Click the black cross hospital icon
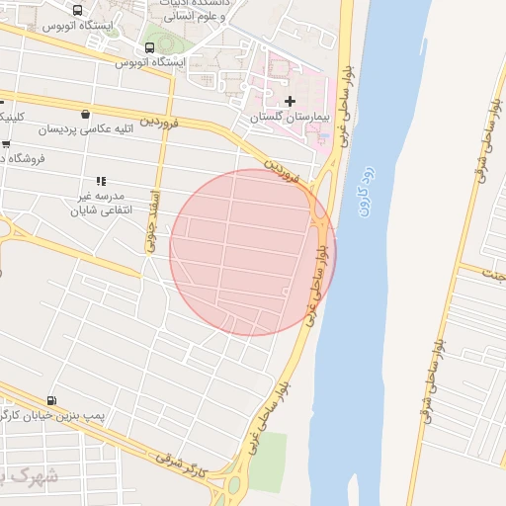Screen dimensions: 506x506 (x=290, y=102)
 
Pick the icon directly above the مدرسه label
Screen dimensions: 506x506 (x=100, y=181)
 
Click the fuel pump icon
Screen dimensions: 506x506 (x=51, y=401)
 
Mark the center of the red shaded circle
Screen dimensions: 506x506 (x=252, y=252)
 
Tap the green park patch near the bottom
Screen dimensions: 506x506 (x=267, y=462)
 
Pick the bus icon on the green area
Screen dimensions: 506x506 (x=149, y=46)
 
